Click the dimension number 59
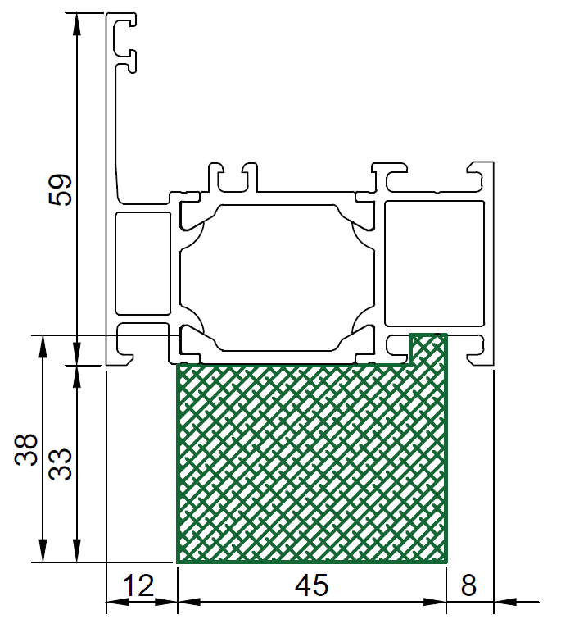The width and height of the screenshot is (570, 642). point(60,190)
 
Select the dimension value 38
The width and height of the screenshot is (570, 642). point(25,449)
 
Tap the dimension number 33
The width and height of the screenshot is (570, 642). point(60,465)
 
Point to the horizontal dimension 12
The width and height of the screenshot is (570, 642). point(138,585)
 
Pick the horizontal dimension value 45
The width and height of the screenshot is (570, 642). point(311,585)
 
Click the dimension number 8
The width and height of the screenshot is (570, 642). point(468,585)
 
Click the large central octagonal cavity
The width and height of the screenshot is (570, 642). point(278,278)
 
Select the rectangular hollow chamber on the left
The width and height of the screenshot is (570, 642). point(142,263)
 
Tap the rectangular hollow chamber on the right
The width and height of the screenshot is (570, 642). point(435,263)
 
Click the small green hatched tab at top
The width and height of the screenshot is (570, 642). point(428,348)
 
